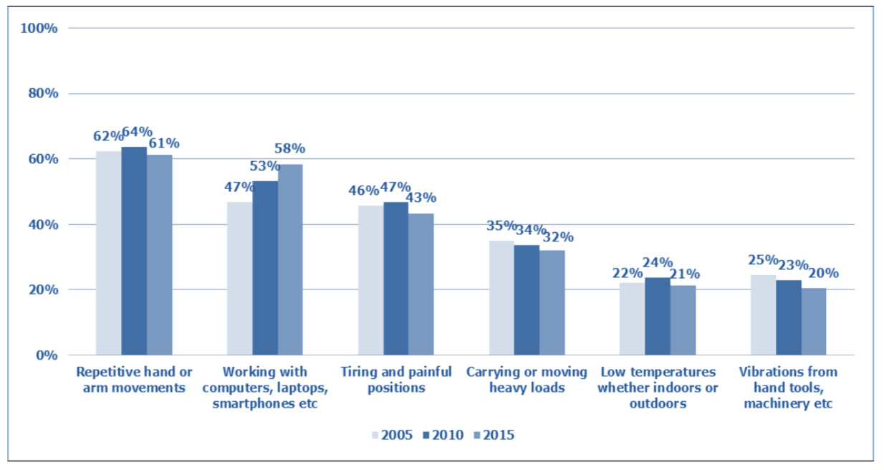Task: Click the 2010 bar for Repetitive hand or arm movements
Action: (134, 251)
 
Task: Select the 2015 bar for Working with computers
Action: (290, 259)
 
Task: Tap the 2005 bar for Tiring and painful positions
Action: (370, 280)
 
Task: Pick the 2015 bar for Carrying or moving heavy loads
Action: (552, 302)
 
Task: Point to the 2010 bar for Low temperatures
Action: (658, 316)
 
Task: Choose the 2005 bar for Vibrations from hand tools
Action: (763, 315)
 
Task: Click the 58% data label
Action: (289, 148)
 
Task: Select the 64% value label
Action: (138, 131)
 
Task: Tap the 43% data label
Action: (421, 197)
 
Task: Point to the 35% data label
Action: (501, 226)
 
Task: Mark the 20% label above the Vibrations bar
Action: (823, 273)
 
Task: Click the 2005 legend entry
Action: (392, 435)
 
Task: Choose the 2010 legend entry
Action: (443, 435)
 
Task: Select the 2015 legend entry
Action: (494, 435)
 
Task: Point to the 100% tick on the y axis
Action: (39, 29)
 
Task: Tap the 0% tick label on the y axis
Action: (47, 355)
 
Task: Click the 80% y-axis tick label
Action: (43, 94)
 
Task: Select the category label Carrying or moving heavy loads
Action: (527, 380)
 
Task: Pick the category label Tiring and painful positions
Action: (396, 380)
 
